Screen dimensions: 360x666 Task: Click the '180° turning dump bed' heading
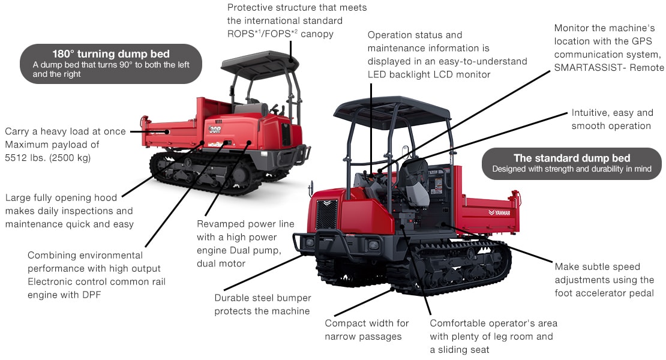pos(110,54)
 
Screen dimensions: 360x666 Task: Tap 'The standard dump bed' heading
pos(572,158)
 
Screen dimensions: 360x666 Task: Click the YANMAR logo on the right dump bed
pos(499,212)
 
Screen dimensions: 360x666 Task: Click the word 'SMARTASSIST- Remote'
pos(609,68)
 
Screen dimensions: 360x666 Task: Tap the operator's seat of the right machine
pos(414,180)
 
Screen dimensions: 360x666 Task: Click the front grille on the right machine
pos(326,213)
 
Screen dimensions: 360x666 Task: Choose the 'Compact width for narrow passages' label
pos(367,329)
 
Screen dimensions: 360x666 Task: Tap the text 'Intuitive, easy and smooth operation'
pos(611,119)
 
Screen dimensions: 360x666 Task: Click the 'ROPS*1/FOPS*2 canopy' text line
pos(280,34)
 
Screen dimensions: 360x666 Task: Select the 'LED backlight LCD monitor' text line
pos(429,74)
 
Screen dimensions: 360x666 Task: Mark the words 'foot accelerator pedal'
pos(604,293)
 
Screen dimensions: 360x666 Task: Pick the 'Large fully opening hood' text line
pos(61,197)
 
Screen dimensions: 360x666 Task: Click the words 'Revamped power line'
pos(245,224)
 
